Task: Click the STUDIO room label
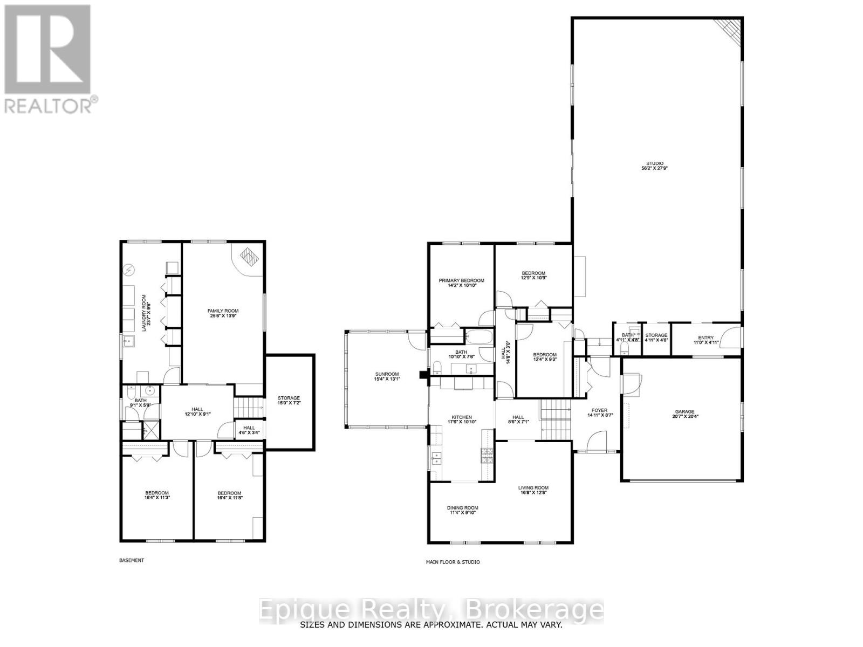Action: tap(655, 163)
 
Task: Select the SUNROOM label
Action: tap(387, 374)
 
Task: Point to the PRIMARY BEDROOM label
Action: tap(461, 280)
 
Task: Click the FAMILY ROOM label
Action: tap(223, 311)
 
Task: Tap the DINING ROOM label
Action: tap(462, 508)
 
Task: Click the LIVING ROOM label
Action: tap(533, 488)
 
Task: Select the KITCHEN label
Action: tap(462, 417)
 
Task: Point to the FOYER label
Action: tap(599, 410)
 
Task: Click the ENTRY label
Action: tap(706, 338)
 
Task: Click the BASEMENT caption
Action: tap(132, 560)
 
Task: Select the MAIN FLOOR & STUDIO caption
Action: tap(452, 562)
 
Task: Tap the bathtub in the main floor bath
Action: tap(478, 338)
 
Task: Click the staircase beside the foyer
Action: tap(556, 418)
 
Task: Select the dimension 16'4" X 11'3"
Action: tap(156, 498)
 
